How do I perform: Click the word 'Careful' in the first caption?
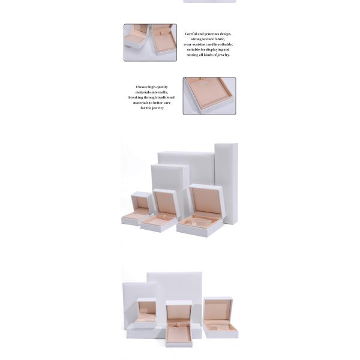pyautogui.click(x=191, y=34)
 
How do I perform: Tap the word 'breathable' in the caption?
pyautogui.click(x=223, y=44)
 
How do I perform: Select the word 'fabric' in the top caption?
pyautogui.click(x=219, y=39)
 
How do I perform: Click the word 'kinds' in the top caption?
pyautogui.click(x=208, y=55)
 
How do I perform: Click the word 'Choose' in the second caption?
pyautogui.click(x=142, y=87)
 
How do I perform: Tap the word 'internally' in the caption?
pyautogui.click(x=160, y=92)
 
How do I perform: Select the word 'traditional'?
pyautogui.click(x=166, y=98)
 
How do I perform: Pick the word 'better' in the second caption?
pyautogui.click(x=157, y=103)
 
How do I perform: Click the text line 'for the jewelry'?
pyautogui.click(x=152, y=108)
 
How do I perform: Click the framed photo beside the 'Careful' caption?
pyautogui.click(x=151, y=43)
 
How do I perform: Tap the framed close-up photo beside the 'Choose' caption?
pyautogui.click(x=209, y=96)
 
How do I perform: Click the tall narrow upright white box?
pyautogui.click(x=226, y=184)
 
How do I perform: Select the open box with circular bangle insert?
pyautogui.click(x=200, y=211)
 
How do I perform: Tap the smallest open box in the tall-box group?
pyautogui.click(x=137, y=208)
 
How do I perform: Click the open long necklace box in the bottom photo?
pyautogui.click(x=179, y=324)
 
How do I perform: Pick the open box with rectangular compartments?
pyautogui.click(x=220, y=318)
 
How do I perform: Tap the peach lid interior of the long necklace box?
pyautogui.click(x=179, y=312)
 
